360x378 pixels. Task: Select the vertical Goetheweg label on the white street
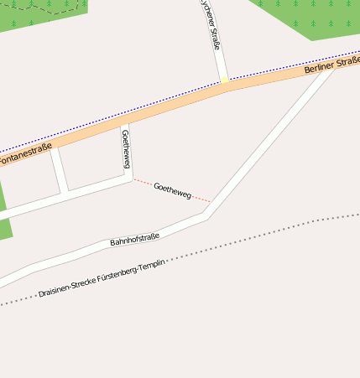click(x=126, y=148)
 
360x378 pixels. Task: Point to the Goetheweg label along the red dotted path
click(x=173, y=190)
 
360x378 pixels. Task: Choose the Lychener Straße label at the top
click(x=211, y=25)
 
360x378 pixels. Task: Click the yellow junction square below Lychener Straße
click(x=224, y=81)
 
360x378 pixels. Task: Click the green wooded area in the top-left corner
click(x=42, y=13)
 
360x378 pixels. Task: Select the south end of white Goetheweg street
click(x=130, y=177)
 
